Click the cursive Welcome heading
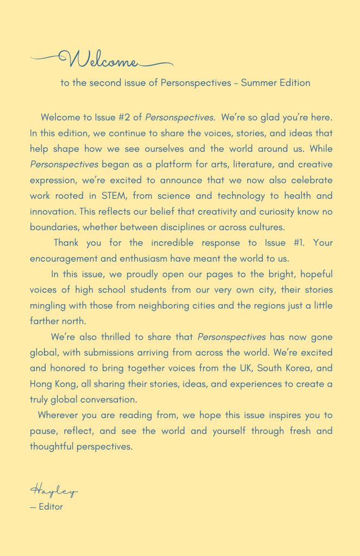[103, 59]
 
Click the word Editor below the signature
[50, 507]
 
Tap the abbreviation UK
[245, 369]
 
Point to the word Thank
[66, 243]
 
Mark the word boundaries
[54, 227]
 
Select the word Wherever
[59, 416]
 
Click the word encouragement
[64, 258]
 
